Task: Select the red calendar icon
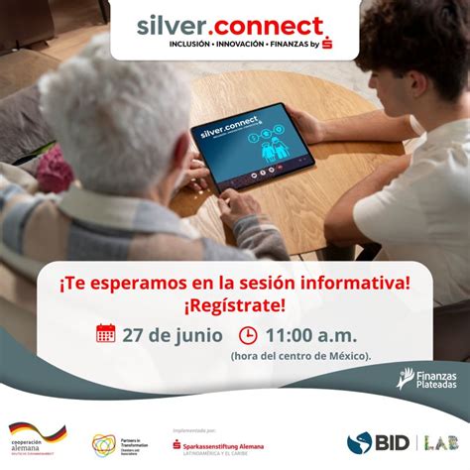pos(106,333)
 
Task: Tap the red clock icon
pos(249,333)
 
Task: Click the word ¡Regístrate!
pos(234,303)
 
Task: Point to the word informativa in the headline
pos(354,282)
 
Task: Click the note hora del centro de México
pos(301,355)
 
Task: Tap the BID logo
pos(374,442)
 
